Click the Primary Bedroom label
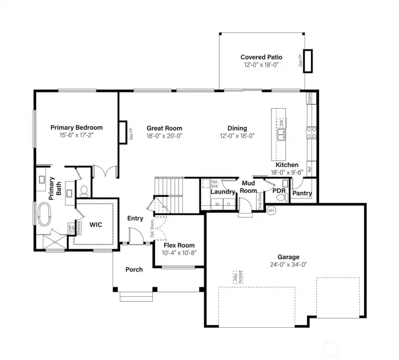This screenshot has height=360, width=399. click(76, 128)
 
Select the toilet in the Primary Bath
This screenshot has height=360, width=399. click(84, 191)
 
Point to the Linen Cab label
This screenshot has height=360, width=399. click(71, 229)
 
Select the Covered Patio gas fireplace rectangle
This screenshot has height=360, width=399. click(308, 61)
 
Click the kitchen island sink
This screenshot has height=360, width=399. click(282, 133)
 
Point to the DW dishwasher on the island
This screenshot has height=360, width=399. click(282, 122)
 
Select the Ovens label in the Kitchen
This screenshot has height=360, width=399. click(309, 98)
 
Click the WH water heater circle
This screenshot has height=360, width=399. click(271, 210)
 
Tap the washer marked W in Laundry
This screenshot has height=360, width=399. click(217, 204)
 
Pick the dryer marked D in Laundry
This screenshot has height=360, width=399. click(228, 204)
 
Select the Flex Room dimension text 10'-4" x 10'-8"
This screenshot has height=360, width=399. click(178, 252)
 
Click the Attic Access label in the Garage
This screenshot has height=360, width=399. click(236, 278)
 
